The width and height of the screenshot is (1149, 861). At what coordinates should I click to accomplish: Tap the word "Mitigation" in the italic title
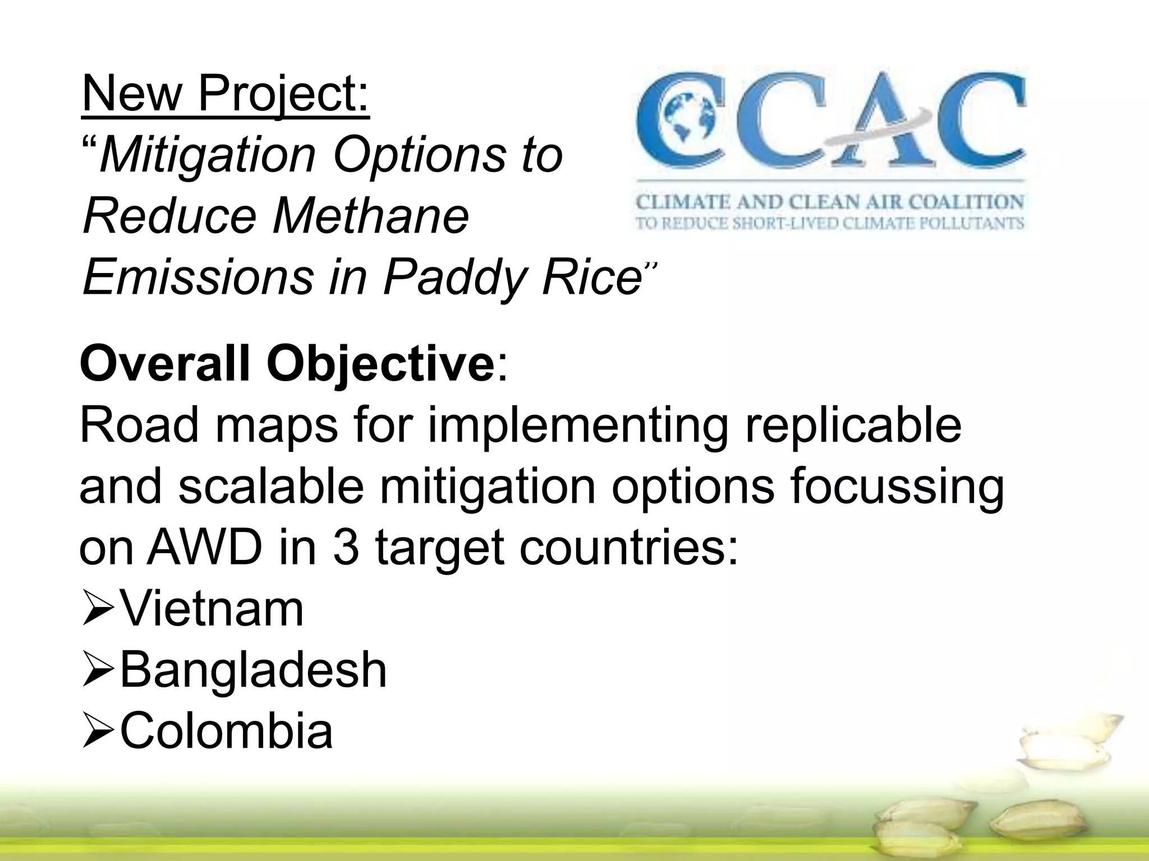tap(208, 155)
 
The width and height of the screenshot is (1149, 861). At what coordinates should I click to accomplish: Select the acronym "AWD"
tap(204, 548)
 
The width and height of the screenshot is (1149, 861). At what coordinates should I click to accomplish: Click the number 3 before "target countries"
tap(346, 548)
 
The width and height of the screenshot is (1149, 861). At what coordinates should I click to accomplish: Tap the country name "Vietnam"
tap(212, 609)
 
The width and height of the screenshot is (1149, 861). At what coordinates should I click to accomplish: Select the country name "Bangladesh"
tap(253, 670)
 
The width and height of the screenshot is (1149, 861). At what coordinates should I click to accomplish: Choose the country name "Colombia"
tap(226, 731)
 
